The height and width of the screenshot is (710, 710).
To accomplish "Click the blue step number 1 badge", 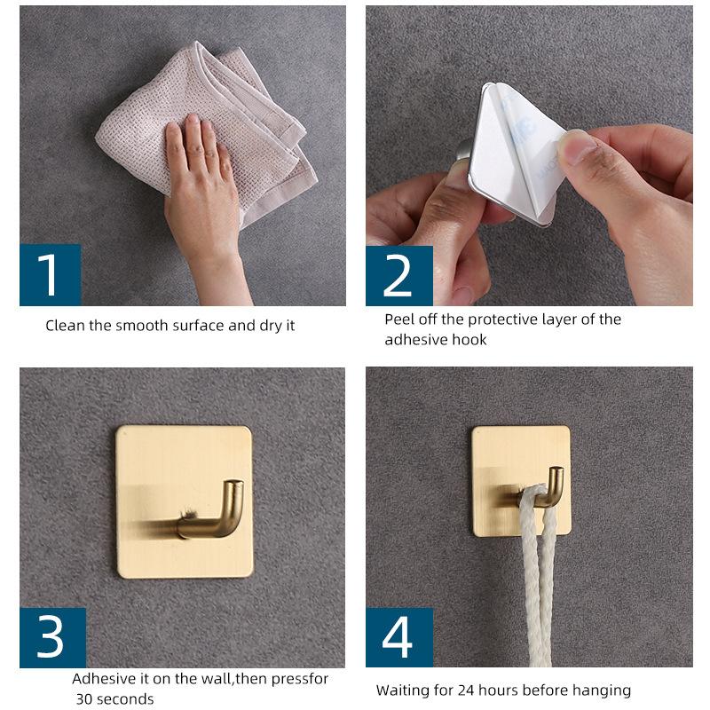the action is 51,275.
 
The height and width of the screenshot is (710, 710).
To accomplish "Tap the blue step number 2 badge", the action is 398,276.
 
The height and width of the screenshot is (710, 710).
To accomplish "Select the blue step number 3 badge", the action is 52,637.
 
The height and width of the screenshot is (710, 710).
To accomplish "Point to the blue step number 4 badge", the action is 398,637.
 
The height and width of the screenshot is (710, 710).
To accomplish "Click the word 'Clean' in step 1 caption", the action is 65,326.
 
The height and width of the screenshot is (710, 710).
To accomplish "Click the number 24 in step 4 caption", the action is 466,690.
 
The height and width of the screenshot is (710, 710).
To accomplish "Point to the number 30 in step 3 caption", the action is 84,698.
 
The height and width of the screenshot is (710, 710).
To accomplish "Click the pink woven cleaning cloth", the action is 206,131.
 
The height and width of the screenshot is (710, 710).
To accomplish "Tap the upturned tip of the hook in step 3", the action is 234,485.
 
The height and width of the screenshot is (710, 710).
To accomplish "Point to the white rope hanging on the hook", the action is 538,575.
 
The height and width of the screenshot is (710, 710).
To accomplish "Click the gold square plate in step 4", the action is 521,481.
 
